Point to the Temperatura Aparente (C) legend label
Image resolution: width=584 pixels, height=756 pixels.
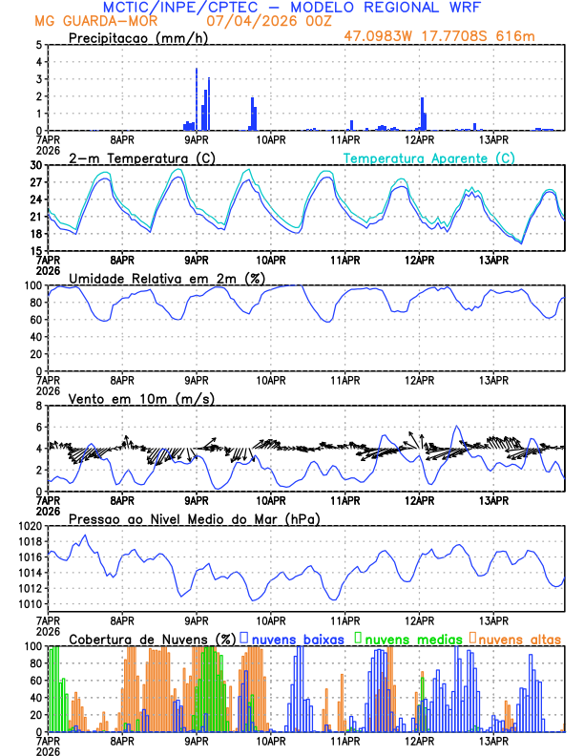pos(428,157)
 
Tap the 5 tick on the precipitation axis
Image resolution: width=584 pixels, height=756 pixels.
pos(37,45)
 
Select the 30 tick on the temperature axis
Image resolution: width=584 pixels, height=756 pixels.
pos(35,165)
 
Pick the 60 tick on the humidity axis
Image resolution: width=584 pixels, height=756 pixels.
pos(35,320)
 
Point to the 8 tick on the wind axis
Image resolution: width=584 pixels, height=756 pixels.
pos(37,406)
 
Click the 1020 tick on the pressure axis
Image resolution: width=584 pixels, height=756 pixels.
pos(30,526)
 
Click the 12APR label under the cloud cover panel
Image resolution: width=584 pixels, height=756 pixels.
pos(420,741)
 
